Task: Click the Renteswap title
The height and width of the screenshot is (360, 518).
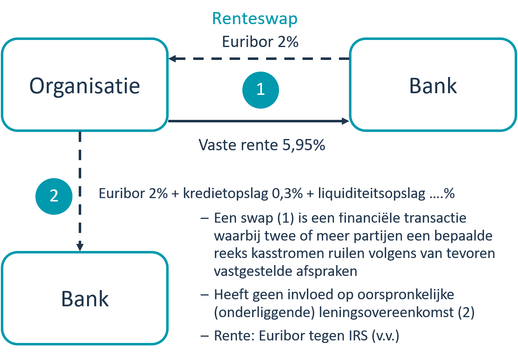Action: click(255, 19)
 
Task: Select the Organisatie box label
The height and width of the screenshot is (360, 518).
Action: click(85, 86)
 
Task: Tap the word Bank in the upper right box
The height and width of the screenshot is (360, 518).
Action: click(433, 86)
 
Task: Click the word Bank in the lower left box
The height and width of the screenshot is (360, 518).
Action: click(85, 299)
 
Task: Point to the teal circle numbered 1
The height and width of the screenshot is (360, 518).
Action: click(260, 89)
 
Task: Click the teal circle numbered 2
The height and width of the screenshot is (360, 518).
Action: click(54, 196)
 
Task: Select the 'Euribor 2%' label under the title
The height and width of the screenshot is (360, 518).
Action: click(260, 42)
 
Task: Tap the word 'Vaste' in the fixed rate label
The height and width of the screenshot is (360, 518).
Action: click(217, 145)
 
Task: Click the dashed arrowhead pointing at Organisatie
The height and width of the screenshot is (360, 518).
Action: click(172, 59)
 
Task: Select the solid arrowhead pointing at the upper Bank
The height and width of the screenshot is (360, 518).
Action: click(345, 121)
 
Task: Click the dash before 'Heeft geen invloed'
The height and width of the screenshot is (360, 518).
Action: click(204, 295)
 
